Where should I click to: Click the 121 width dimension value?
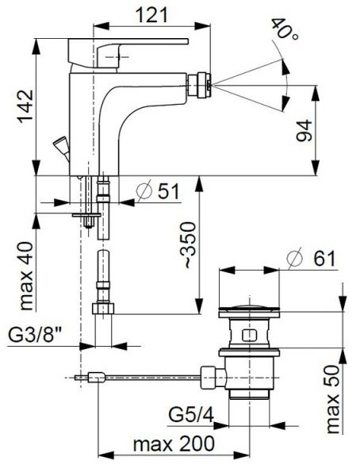pos(151,15)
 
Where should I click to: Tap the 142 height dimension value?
pos(25,106)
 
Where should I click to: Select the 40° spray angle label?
pos(284,29)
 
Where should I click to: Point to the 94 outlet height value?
pos(304,131)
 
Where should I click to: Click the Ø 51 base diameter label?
pos(159,191)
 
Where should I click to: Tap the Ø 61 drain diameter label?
pos(311,259)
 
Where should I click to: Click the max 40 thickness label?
pos(26,276)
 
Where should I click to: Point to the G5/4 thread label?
pos(191,415)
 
